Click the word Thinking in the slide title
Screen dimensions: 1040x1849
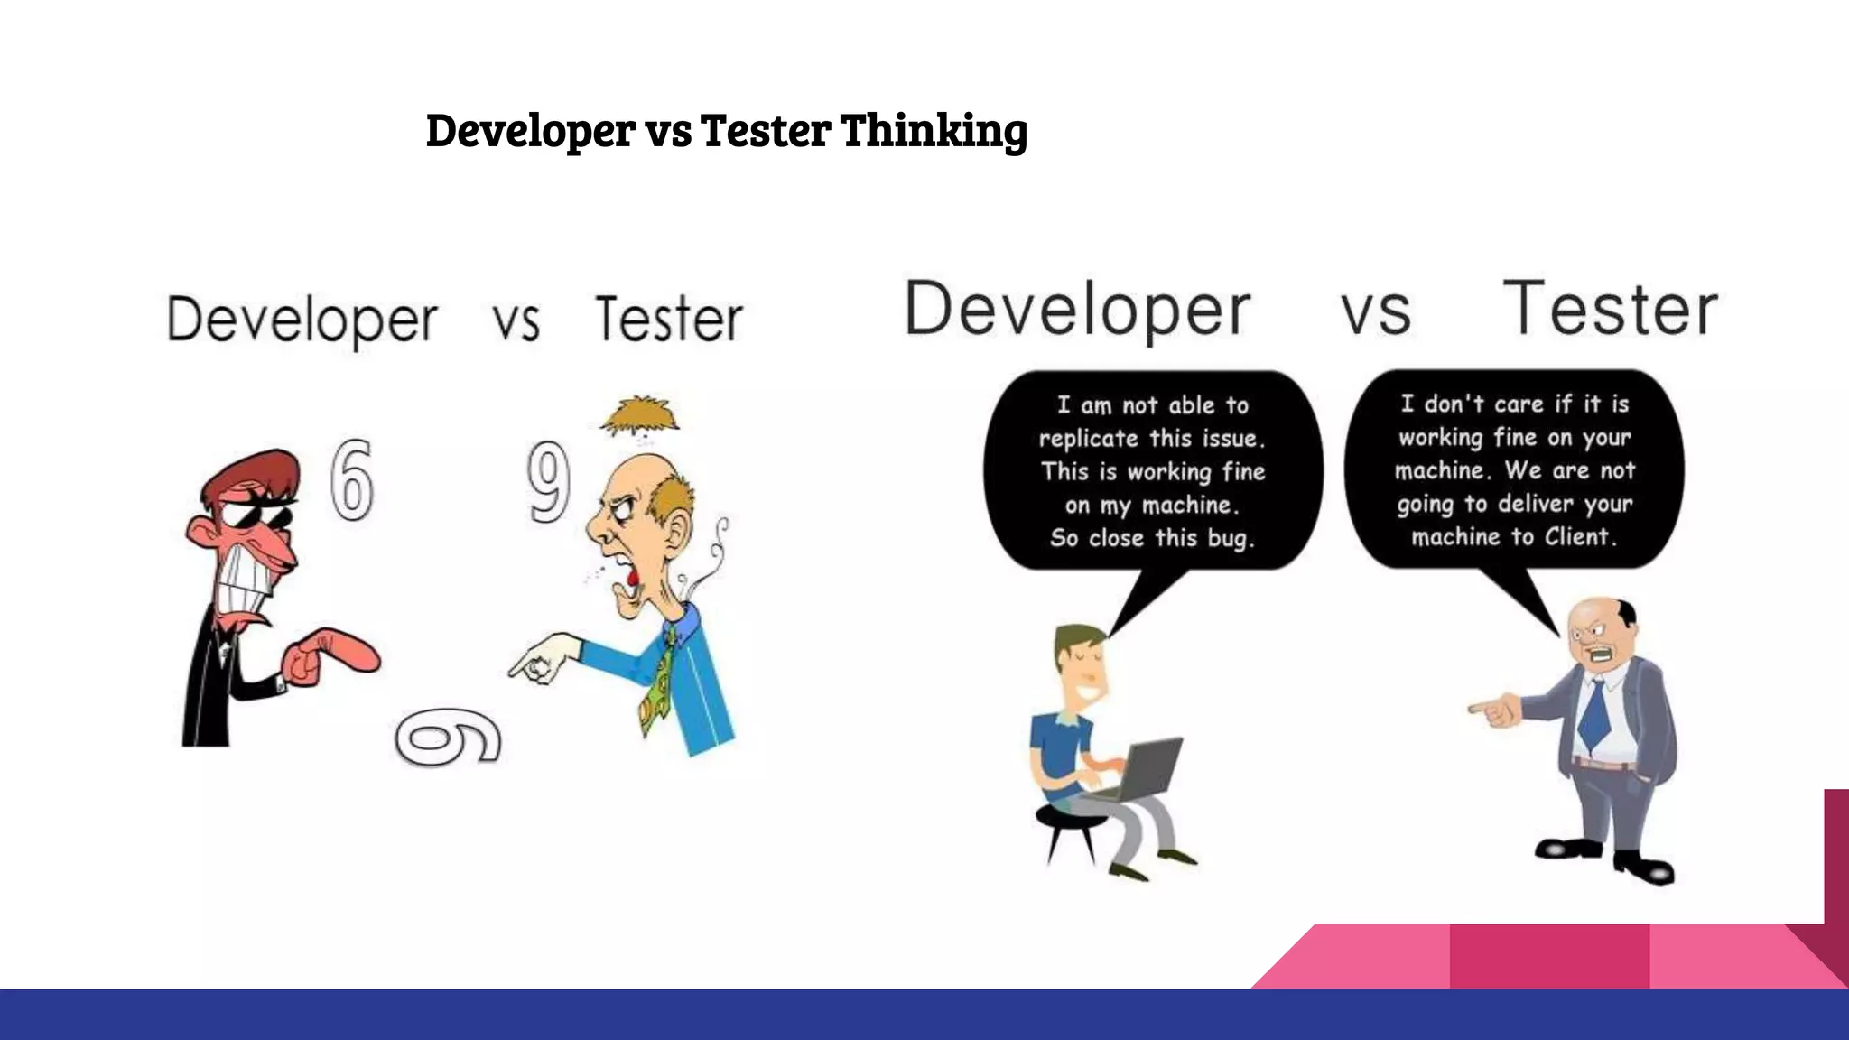click(934, 131)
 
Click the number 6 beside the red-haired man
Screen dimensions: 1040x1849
click(351, 480)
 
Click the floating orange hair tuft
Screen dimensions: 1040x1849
click(640, 416)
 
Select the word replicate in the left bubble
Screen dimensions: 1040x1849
click(1088, 439)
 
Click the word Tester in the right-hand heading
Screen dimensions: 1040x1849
click(1610, 310)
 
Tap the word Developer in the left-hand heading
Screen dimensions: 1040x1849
click(302, 320)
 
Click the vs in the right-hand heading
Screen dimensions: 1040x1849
click(1375, 311)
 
